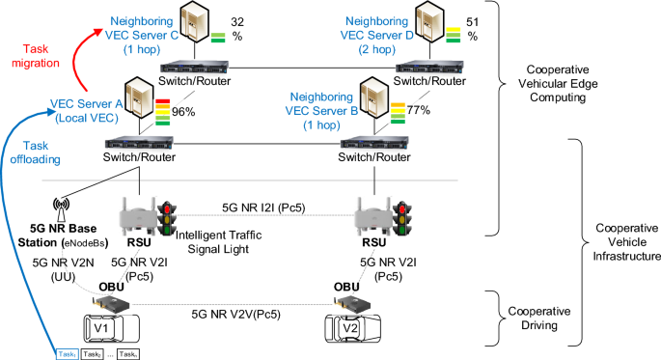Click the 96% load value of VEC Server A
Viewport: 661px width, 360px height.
pos(183,111)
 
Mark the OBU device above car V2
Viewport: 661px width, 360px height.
pos(350,303)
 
